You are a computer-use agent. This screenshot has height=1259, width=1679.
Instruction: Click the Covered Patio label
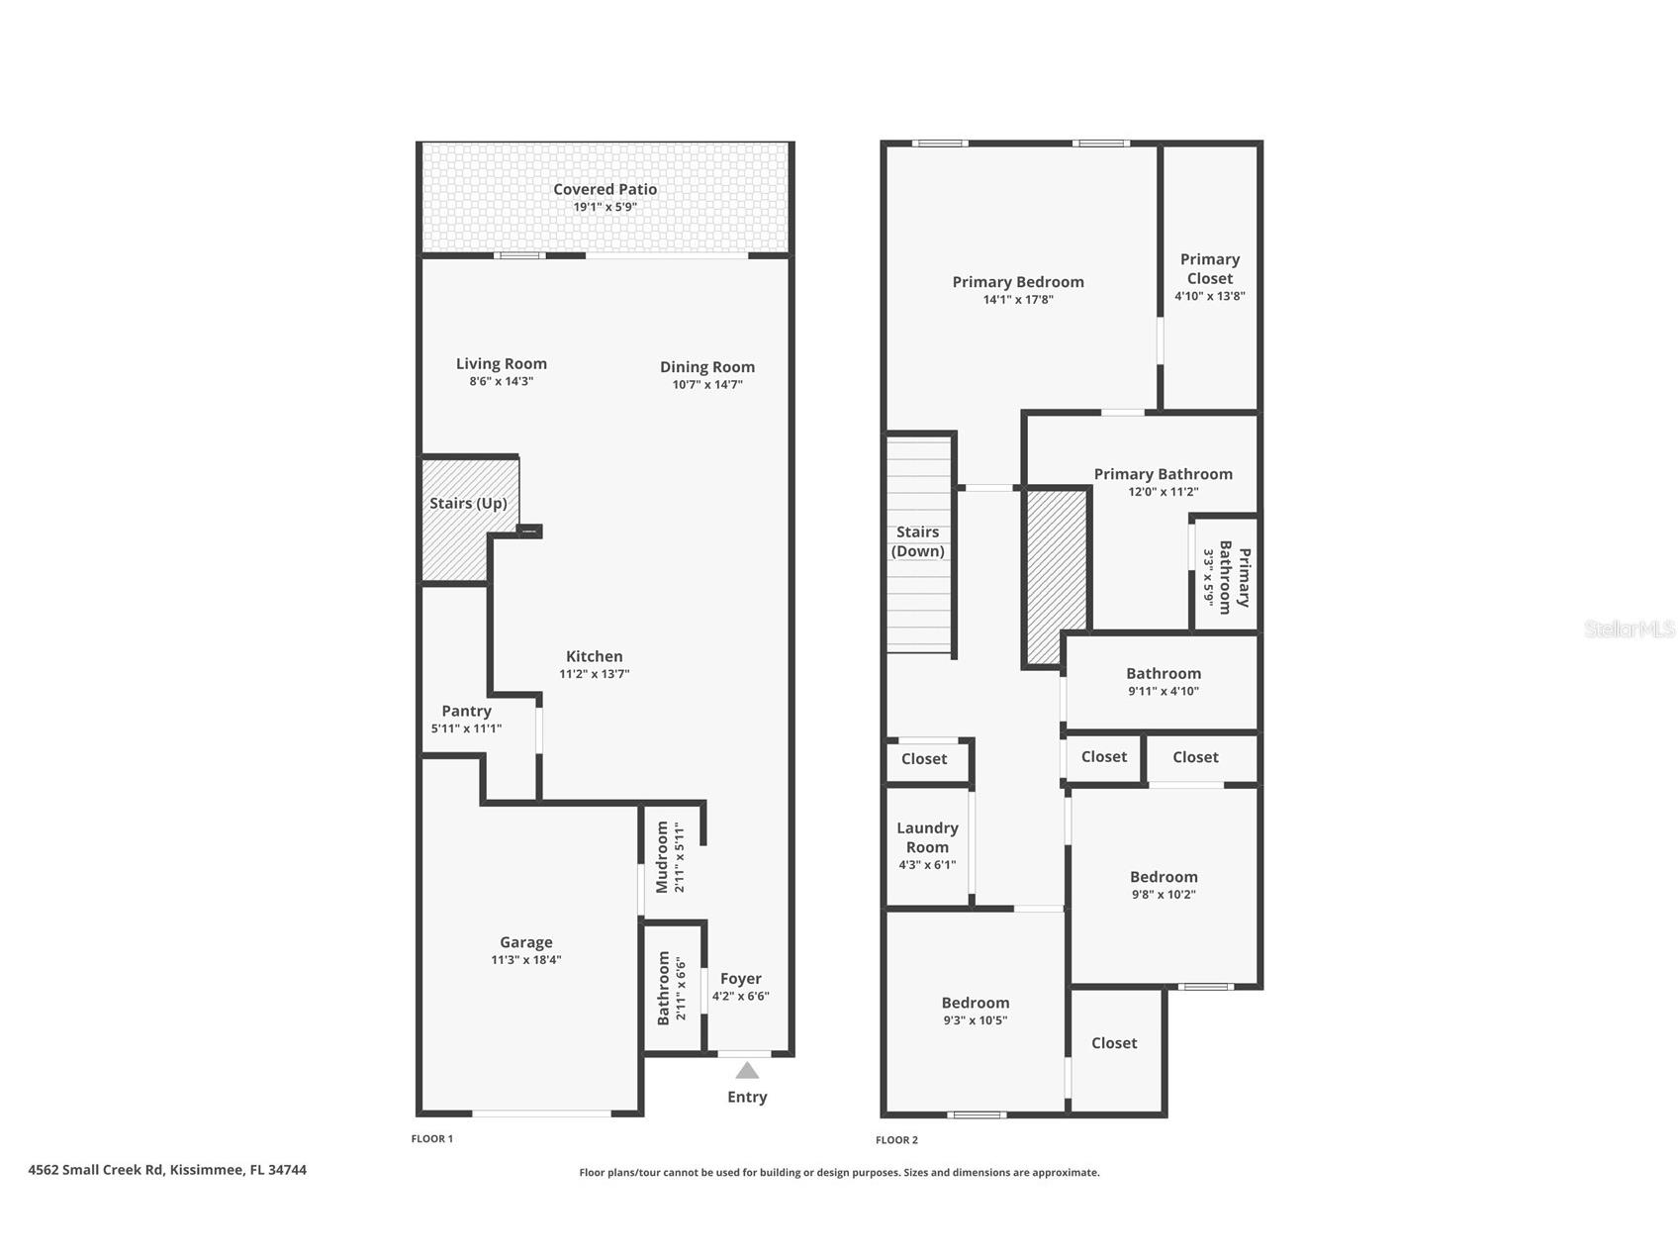click(x=605, y=189)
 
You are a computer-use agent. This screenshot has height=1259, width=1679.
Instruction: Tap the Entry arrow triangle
click(x=747, y=1070)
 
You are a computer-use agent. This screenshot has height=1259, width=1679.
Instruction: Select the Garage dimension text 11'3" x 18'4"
click(x=526, y=959)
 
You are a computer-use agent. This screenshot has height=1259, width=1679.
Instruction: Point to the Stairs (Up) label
click(x=468, y=504)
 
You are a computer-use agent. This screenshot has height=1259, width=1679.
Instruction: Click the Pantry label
click(x=466, y=711)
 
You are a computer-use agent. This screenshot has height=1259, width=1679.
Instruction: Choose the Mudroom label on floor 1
click(x=663, y=857)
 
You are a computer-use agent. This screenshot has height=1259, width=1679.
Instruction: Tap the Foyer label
click(x=741, y=979)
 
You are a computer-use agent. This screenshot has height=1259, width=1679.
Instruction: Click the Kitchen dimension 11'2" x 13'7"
click(x=595, y=674)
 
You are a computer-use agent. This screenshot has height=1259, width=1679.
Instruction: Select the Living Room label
click(x=502, y=364)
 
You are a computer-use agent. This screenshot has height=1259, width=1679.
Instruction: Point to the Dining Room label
click(x=707, y=367)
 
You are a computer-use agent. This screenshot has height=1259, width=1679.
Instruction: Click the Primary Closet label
click(x=1210, y=268)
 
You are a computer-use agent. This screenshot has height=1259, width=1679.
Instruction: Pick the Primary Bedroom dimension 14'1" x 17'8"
click(x=1018, y=299)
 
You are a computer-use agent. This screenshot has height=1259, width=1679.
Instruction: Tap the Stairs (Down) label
click(x=918, y=541)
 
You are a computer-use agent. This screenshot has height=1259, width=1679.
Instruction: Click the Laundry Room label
click(x=928, y=837)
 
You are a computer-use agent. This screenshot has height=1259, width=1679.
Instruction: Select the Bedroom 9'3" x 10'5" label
click(x=976, y=1003)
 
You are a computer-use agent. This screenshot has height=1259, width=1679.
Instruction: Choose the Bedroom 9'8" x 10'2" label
click(x=1164, y=877)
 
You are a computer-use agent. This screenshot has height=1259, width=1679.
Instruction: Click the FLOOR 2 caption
click(x=896, y=1140)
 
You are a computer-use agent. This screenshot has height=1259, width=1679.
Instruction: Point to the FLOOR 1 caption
click(x=432, y=1139)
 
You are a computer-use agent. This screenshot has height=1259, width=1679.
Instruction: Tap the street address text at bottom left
click(x=167, y=1170)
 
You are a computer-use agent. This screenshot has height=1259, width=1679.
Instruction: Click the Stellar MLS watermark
click(x=1630, y=629)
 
